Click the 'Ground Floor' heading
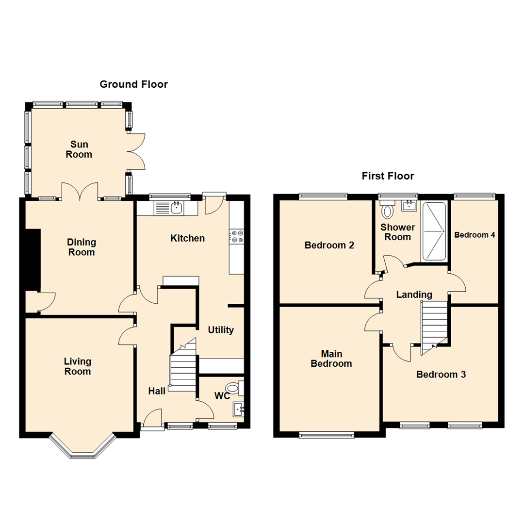point(133,84)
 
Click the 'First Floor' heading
point(388,176)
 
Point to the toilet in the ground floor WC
point(235,388)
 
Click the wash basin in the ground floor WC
point(239,409)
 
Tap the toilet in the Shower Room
point(387,211)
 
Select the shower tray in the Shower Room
point(434,231)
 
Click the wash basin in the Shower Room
point(409,206)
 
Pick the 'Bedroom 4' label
point(475,235)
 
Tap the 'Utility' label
point(221,330)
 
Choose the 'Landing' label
point(414,295)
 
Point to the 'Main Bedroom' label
point(331,359)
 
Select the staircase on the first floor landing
point(434,325)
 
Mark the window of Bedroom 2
point(323,196)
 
